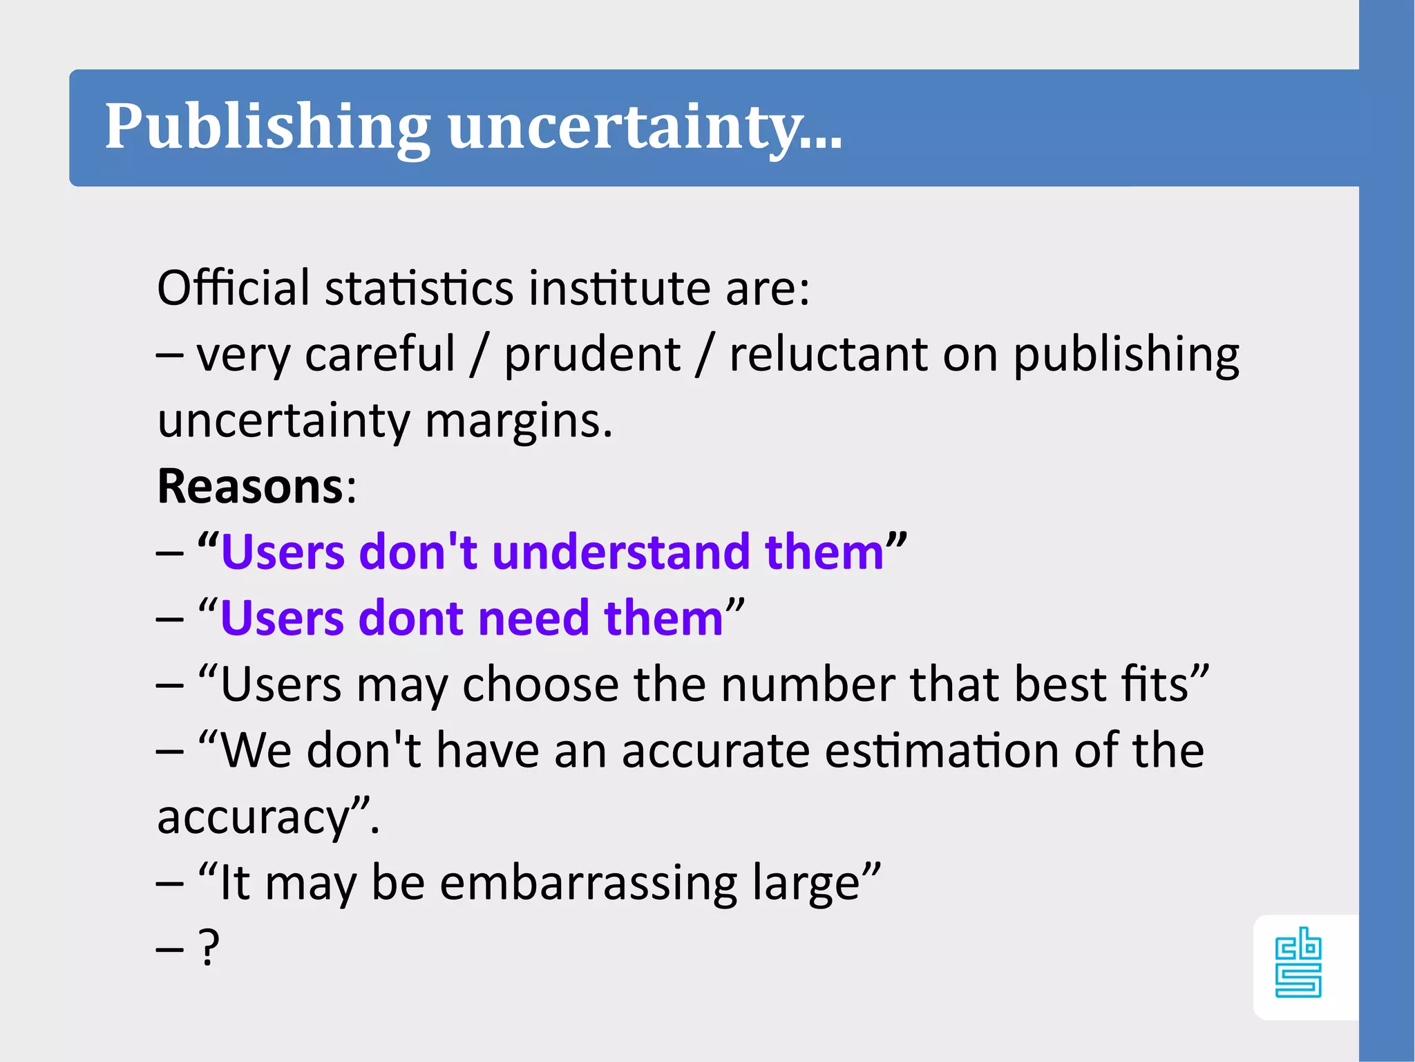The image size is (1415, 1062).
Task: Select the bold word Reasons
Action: point(250,486)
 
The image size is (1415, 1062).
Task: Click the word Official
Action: point(234,288)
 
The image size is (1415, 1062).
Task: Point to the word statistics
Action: point(419,288)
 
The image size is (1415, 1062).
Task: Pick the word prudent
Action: point(592,355)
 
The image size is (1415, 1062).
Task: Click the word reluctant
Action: point(828,355)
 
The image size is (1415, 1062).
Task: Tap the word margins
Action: point(518,420)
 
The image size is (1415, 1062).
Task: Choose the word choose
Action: point(540,684)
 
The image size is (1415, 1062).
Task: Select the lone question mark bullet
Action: point(208,947)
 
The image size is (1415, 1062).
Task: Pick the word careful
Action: point(380,355)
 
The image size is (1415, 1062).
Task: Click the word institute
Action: point(618,288)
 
